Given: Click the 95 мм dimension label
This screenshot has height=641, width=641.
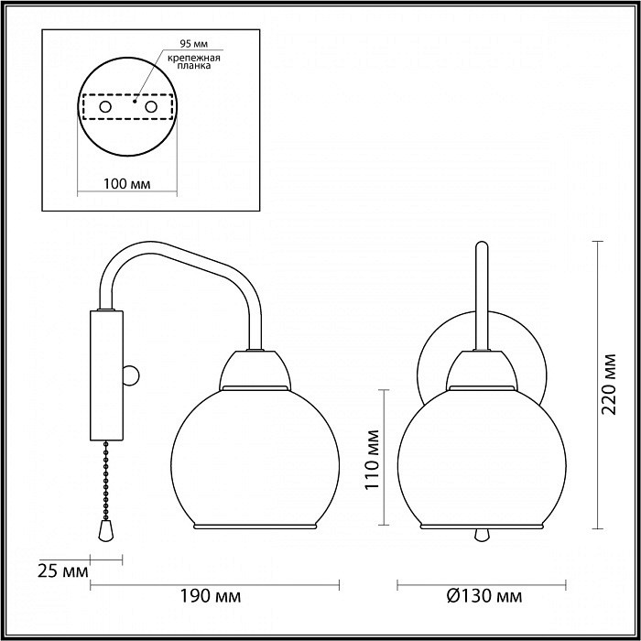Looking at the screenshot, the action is [x=193, y=43].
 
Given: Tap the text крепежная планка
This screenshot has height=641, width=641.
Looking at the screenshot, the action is [x=194, y=61].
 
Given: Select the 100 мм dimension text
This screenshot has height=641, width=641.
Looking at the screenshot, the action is [x=126, y=184].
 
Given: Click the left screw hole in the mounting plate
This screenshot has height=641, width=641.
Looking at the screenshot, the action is [x=105, y=107].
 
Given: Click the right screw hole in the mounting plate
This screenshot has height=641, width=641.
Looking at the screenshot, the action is [x=151, y=107].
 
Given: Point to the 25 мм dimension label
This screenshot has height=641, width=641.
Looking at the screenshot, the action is [x=62, y=571].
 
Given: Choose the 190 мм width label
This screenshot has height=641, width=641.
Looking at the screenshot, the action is [x=211, y=596].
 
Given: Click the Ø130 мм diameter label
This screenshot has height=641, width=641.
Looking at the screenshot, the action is [x=484, y=596].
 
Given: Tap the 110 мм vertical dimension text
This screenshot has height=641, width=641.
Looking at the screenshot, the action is [x=372, y=459].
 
